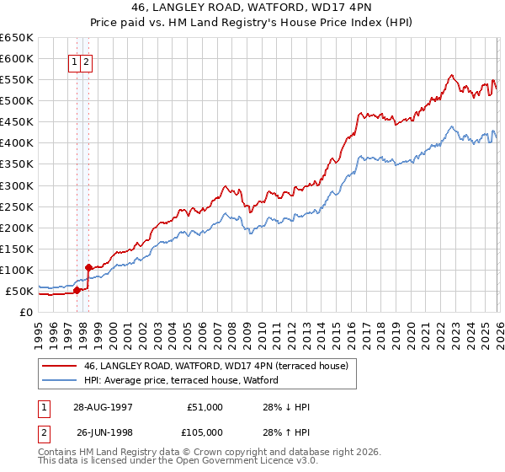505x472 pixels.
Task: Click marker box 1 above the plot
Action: [75, 61]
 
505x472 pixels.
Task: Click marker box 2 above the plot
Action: [87, 61]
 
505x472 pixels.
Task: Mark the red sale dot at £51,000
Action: [77, 290]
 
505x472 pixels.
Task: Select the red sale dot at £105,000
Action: [88, 267]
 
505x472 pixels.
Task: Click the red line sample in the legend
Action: [60, 366]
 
